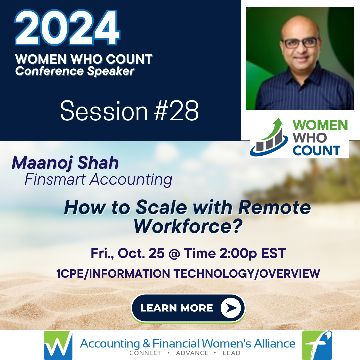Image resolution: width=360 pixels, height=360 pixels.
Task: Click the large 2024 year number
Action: coord(67,28)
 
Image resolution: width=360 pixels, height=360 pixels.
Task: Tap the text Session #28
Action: coord(129,111)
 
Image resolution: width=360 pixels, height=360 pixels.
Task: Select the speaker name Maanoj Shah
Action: coord(65,163)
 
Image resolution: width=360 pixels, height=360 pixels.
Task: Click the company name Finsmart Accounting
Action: coord(98,179)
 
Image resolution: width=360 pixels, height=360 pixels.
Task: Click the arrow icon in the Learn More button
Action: coord(231,308)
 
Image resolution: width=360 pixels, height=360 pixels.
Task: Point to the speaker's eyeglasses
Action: coord(300,43)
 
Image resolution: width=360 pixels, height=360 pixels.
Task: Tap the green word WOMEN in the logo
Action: coord(320,125)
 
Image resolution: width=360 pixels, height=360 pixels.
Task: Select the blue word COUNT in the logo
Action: coord(316,150)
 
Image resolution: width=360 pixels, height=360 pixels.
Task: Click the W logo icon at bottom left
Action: coord(58,345)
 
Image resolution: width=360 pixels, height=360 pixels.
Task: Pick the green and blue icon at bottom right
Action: coord(317,345)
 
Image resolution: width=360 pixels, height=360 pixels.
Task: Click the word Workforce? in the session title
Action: coord(188,227)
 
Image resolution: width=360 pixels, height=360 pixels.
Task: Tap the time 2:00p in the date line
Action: coord(238,253)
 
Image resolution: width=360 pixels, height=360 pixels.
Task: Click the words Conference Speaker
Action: coord(75,71)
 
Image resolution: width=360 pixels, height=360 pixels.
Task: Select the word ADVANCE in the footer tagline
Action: coord(192,353)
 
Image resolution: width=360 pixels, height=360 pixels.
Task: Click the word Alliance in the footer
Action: coord(274,343)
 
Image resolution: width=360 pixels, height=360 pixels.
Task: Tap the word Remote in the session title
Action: coord(275,207)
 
